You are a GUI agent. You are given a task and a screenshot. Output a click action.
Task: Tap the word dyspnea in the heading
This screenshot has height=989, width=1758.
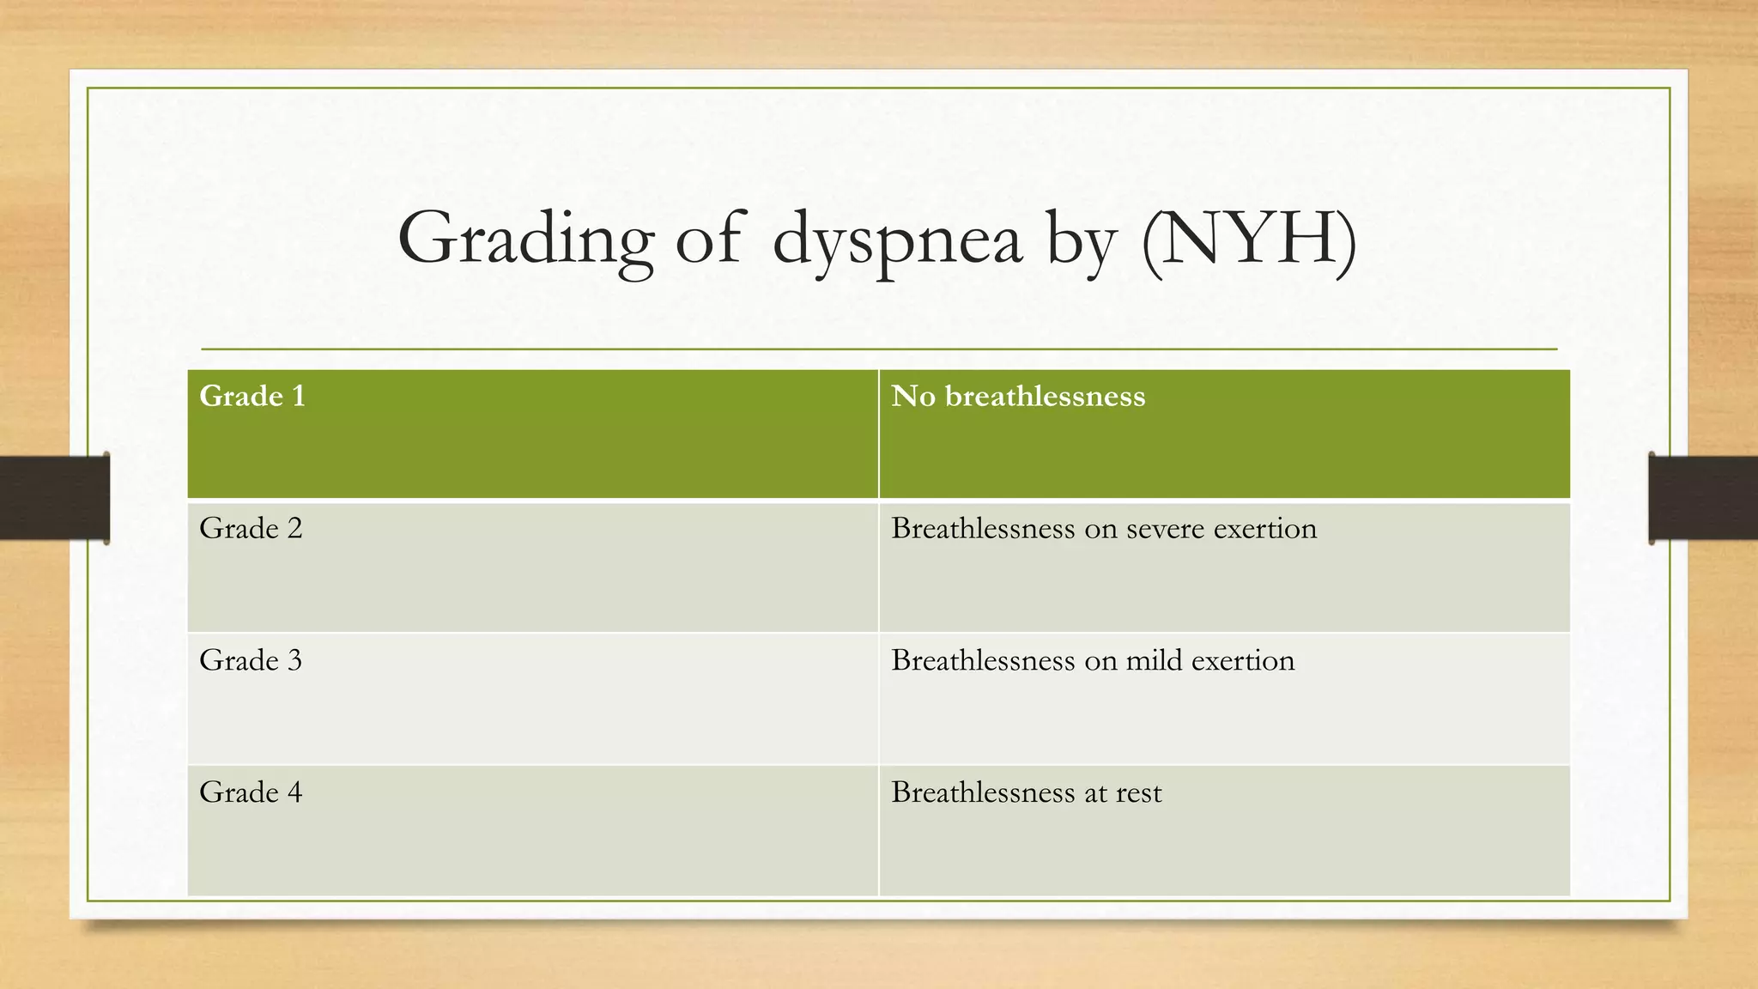[x=897, y=241]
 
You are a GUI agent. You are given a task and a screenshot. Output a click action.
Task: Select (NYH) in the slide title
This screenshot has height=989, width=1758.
[x=1249, y=240]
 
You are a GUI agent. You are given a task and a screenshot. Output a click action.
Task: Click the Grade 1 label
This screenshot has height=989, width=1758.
[x=252, y=397]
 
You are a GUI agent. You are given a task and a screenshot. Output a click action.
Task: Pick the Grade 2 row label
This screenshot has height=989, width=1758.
[x=251, y=529]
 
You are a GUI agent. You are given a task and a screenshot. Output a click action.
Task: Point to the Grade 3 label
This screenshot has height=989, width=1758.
[x=251, y=661]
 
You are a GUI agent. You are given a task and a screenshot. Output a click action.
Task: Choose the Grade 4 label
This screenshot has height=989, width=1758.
[x=251, y=792]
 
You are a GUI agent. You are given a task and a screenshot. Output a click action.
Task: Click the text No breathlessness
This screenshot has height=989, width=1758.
[x=1017, y=397]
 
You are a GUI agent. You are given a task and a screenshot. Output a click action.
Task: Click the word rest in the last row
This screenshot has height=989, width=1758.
[x=1138, y=793]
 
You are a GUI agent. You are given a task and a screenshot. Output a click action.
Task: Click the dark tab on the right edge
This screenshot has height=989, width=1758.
[x=1703, y=498]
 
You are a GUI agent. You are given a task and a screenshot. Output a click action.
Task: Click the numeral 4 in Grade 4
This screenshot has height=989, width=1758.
[x=295, y=792]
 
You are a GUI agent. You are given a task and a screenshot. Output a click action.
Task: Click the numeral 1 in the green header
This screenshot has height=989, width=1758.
[x=298, y=397]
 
